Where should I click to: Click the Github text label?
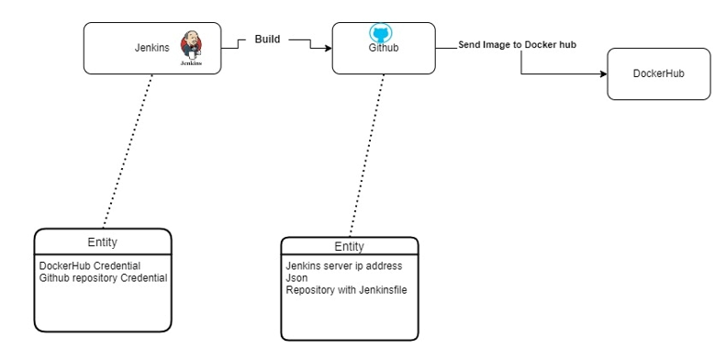pos(383,49)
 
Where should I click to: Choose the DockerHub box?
pos(658,73)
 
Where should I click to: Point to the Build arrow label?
pos(267,39)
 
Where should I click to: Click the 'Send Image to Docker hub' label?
pos(518,44)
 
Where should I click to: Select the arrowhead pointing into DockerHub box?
pos(602,73)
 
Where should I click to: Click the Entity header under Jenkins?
pos(103,242)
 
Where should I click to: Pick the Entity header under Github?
pos(349,247)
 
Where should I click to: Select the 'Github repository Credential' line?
pos(103,277)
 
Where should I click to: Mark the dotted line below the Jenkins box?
pos(127,152)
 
